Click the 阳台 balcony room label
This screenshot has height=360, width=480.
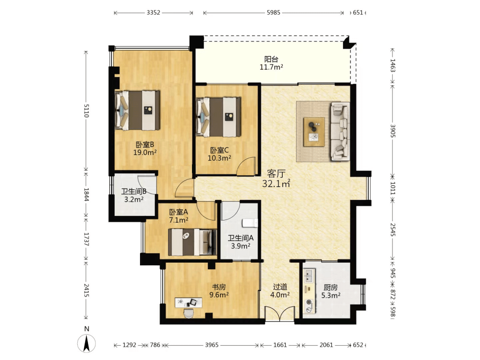pos(271,59)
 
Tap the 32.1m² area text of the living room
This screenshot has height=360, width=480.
pos(276,184)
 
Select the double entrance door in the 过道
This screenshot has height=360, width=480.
pos(280,314)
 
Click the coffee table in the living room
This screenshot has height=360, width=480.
pos(314,132)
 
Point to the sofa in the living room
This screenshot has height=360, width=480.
pos(340,131)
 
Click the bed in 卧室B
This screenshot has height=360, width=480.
pos(137,110)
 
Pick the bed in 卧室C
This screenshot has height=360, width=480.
pos(218,117)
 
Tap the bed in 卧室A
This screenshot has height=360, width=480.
pos(192,242)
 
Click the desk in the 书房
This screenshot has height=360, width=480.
pos(188,303)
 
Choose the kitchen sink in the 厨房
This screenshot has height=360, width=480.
pos(309,276)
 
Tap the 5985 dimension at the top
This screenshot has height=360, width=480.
pos(273,12)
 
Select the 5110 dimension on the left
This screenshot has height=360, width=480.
pos(86,111)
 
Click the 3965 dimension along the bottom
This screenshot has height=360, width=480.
pos(212,345)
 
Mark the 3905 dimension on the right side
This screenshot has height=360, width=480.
pos(393,131)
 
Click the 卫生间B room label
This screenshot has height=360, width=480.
pos(134,192)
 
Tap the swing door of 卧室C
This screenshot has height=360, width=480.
pos(246,166)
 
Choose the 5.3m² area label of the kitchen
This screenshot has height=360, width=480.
pos(331,296)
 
